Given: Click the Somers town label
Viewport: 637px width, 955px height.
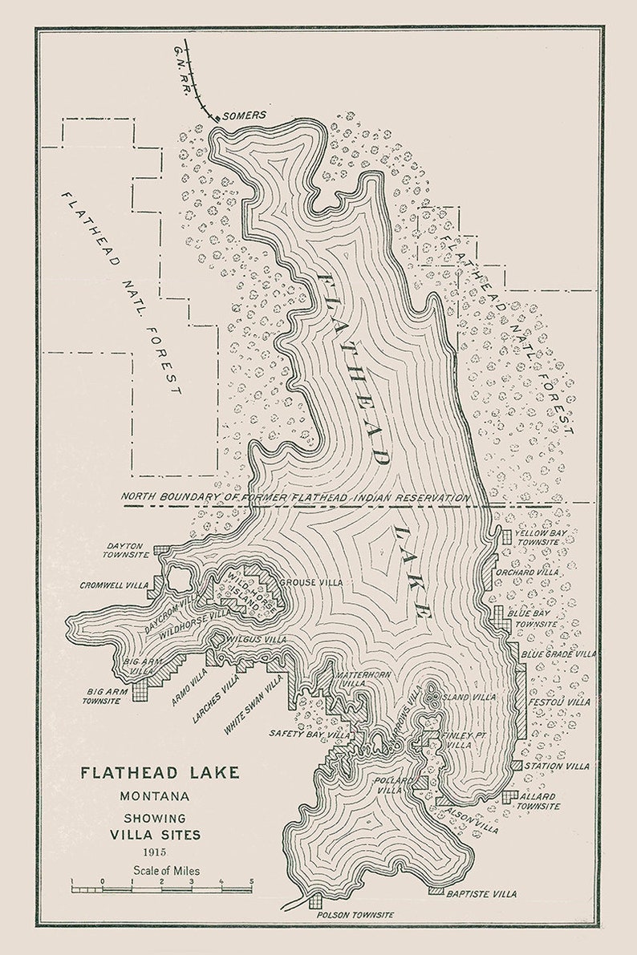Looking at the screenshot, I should click(244, 115).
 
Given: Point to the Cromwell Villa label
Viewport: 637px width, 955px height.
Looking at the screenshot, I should click(114, 585).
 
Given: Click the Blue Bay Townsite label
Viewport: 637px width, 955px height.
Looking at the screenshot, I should click(532, 618).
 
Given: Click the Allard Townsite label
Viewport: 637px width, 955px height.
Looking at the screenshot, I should click(538, 800).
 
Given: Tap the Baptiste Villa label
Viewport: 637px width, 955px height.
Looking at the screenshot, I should click(481, 893).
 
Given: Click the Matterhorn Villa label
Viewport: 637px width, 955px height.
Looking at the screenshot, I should click(363, 679).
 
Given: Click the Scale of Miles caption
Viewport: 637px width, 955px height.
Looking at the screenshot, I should click(168, 870).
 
